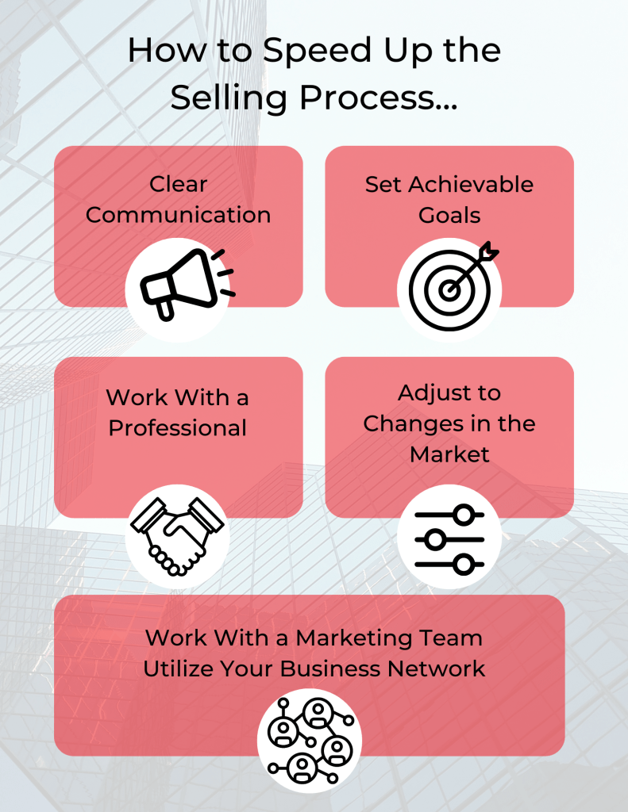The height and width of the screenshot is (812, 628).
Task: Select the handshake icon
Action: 177,537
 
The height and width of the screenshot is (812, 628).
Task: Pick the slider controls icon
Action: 449,539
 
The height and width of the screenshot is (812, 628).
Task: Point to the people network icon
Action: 310,741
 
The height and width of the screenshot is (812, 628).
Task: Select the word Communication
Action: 179,215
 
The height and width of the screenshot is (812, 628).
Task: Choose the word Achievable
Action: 471,184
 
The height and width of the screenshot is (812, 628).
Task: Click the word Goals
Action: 449,215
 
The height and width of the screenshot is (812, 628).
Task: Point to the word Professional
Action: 177,428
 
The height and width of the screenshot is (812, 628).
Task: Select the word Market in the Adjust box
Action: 449,454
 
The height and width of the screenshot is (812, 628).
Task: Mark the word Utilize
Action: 178,668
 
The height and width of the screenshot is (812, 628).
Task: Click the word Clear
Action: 179,184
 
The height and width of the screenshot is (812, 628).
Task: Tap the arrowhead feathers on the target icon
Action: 488,251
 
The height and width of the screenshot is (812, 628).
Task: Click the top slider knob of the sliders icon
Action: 463,515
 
